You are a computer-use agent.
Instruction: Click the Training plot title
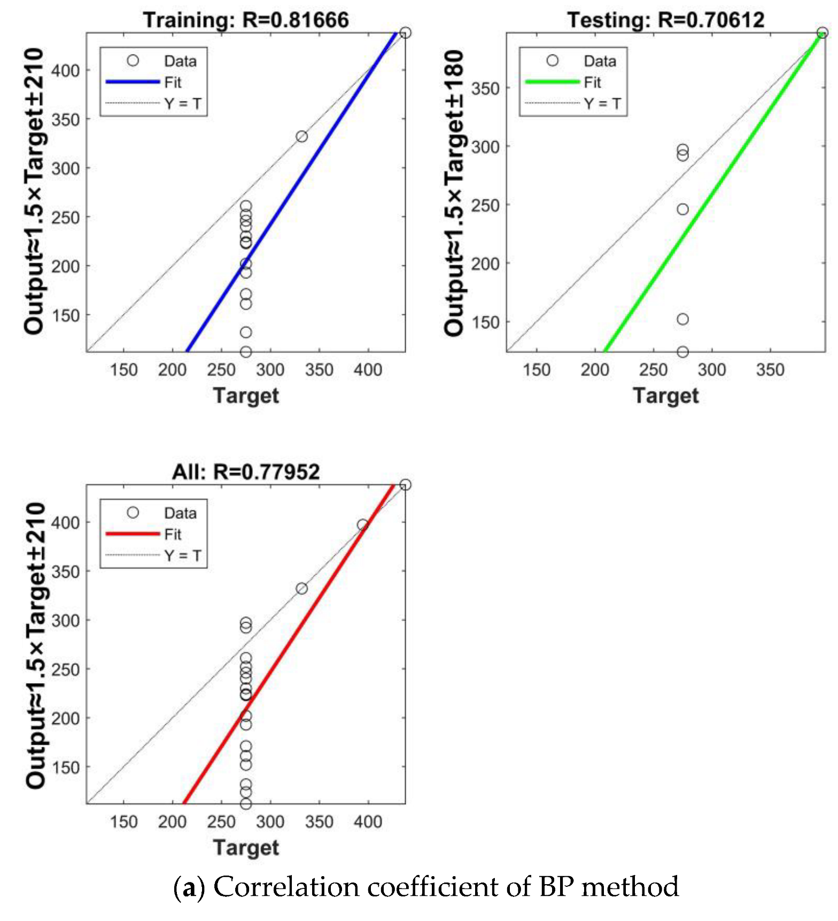(246, 20)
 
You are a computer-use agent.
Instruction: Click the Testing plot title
(665, 20)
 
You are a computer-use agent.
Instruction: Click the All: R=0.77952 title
(246, 472)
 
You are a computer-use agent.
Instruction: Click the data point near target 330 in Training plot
(301, 137)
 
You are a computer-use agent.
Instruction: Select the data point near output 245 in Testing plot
(682, 209)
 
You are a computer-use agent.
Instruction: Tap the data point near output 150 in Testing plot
(682, 319)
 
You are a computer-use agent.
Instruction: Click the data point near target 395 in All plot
(363, 525)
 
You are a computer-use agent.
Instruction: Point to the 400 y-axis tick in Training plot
(65, 71)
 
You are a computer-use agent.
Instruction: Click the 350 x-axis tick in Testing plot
(770, 370)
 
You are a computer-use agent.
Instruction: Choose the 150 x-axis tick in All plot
(123, 822)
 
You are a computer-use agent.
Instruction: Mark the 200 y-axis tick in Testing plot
(485, 264)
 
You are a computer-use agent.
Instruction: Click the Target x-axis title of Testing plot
(665, 396)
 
